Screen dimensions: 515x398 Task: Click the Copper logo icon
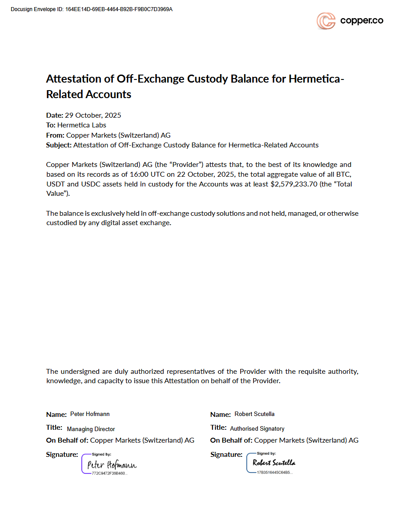tap(326, 21)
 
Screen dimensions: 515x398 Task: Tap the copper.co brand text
tap(362, 20)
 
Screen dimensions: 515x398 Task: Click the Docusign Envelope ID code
tap(119, 9)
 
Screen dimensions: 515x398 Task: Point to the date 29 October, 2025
tap(93, 115)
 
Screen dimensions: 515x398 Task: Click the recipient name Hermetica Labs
tap(82, 125)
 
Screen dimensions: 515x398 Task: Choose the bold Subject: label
tap(59, 145)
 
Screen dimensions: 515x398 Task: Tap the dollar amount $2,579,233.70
tap(294, 184)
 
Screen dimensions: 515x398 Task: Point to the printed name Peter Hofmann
tap(90, 414)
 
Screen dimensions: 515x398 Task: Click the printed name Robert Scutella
tap(254, 414)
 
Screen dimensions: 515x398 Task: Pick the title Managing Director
tap(91, 429)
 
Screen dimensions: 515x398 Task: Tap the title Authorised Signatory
tap(257, 428)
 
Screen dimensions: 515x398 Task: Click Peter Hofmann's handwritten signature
tap(112, 465)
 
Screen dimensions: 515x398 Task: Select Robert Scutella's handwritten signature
tap(273, 463)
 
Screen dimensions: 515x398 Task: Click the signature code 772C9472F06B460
tap(109, 474)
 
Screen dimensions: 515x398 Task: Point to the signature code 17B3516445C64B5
tap(274, 472)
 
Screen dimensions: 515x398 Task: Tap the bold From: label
tap(55, 135)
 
